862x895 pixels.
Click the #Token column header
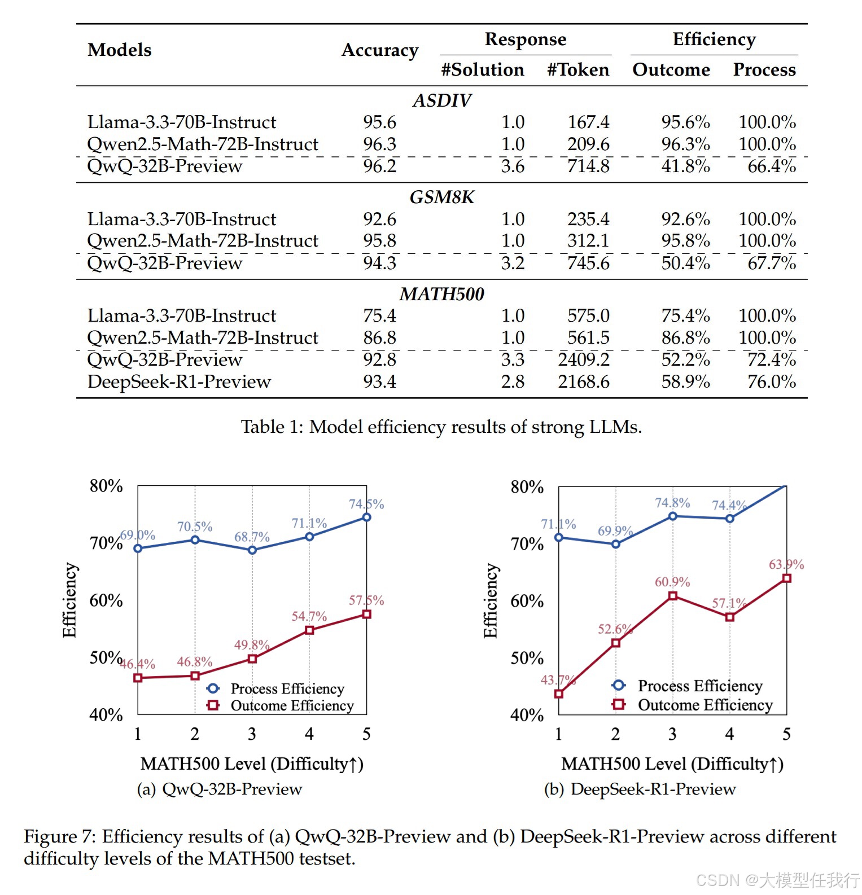coord(578,69)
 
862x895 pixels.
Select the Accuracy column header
coord(379,50)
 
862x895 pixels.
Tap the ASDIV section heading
coord(441,100)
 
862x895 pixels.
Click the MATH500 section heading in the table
coord(441,294)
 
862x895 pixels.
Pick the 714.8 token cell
coord(588,166)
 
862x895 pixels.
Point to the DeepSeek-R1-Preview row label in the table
coord(179,381)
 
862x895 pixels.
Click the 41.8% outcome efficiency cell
coord(685,166)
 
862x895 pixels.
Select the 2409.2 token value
coord(584,359)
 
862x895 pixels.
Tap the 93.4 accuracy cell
coord(379,381)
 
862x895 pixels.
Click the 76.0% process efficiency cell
coord(771,381)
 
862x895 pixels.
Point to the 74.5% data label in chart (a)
coord(366,504)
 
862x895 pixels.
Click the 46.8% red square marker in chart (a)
coord(195,675)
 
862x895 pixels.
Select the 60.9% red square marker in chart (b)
coord(672,596)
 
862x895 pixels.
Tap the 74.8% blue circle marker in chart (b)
coord(672,516)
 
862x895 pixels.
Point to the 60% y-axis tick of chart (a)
coord(106,600)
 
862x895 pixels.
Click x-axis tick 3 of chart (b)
coord(672,734)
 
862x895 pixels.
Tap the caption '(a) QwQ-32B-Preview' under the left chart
coord(220,789)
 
